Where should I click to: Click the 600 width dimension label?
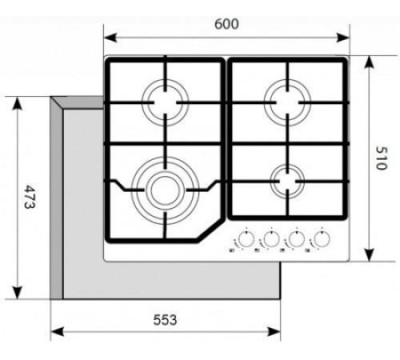coord(227,24)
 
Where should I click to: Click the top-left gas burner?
coord(166,102)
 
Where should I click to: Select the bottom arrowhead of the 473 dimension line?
coord(17,294)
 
